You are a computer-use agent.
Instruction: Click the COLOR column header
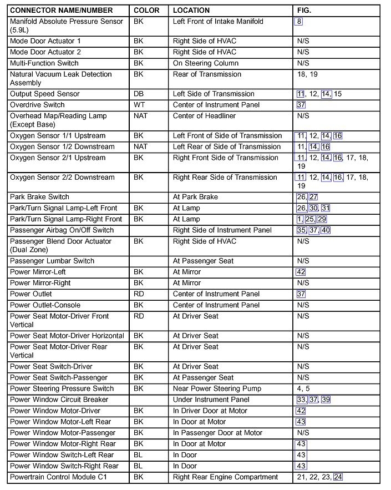(x=146, y=11)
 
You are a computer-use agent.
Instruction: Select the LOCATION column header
(x=191, y=11)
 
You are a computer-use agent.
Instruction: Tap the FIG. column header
(x=304, y=11)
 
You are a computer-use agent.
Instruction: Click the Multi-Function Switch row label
(x=44, y=63)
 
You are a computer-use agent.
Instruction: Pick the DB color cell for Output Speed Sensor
(x=139, y=94)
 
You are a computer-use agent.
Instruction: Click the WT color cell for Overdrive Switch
(x=139, y=105)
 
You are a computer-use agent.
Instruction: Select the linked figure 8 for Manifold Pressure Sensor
(x=299, y=22)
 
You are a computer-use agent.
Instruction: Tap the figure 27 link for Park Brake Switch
(x=313, y=197)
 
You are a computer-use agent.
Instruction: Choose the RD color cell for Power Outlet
(x=139, y=294)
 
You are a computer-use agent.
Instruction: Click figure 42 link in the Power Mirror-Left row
(x=301, y=272)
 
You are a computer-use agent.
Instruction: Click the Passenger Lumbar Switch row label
(x=52, y=261)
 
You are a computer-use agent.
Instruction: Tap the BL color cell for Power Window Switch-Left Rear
(x=138, y=455)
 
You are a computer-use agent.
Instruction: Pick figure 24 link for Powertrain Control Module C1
(x=338, y=477)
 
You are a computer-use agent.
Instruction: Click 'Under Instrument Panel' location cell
(x=211, y=400)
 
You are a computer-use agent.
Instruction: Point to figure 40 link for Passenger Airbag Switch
(x=326, y=230)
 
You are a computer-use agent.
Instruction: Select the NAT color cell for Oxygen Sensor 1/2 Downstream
(x=141, y=147)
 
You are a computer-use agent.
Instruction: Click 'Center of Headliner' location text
(x=204, y=116)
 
